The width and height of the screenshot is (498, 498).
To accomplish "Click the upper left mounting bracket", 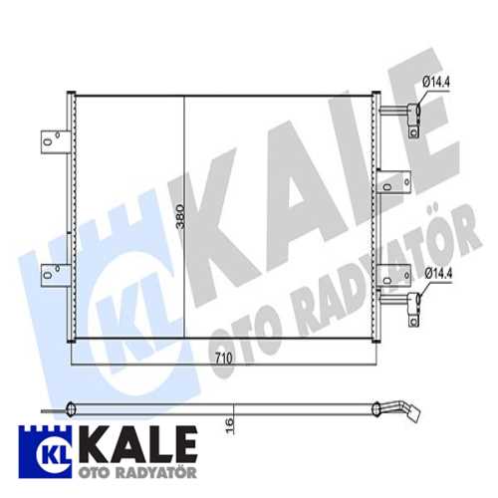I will pos(53,142).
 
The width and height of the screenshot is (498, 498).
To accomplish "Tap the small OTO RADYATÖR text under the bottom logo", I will pos(127,468).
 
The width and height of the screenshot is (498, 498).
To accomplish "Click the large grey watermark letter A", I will pos(289,194).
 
